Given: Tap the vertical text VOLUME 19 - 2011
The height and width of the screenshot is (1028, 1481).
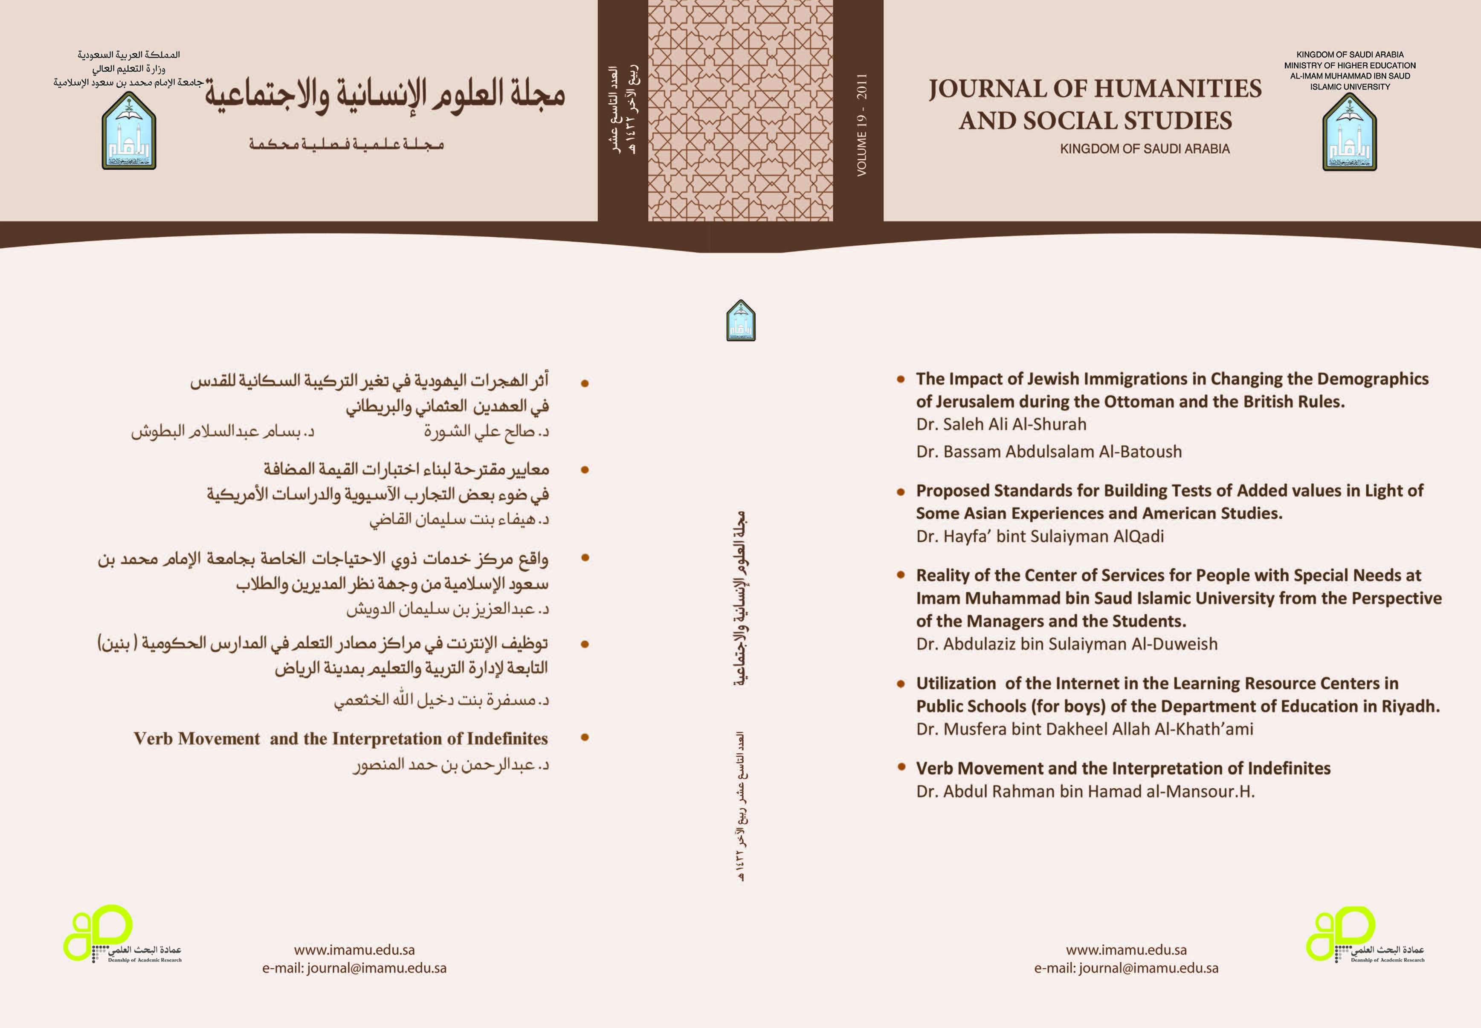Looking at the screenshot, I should point(861,125).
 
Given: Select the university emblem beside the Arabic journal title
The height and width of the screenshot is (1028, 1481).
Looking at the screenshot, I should point(129,131).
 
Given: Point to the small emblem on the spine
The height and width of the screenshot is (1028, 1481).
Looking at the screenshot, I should point(740,321).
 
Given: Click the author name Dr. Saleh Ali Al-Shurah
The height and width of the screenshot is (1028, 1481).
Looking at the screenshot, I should point(1001,424).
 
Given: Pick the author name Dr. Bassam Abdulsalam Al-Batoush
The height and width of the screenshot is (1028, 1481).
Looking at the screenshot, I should point(1048,452).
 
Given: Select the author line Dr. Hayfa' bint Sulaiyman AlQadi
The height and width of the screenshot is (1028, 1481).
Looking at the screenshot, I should point(1039,537).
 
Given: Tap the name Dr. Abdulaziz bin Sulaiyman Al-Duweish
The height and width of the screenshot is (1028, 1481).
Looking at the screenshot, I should point(1067,644).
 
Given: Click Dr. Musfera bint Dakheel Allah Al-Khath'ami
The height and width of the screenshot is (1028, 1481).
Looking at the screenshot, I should point(1084,729).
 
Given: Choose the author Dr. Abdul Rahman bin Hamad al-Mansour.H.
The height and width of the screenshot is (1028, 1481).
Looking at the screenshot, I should point(1085,792).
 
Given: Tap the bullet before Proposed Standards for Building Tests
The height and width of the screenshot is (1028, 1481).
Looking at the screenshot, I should point(901,491).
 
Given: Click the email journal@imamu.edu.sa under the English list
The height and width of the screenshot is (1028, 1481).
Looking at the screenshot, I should point(1148,968).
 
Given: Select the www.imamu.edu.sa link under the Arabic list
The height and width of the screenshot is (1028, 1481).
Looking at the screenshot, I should point(354,950).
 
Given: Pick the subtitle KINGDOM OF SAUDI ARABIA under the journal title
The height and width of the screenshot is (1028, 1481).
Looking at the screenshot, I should point(1144,149).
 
